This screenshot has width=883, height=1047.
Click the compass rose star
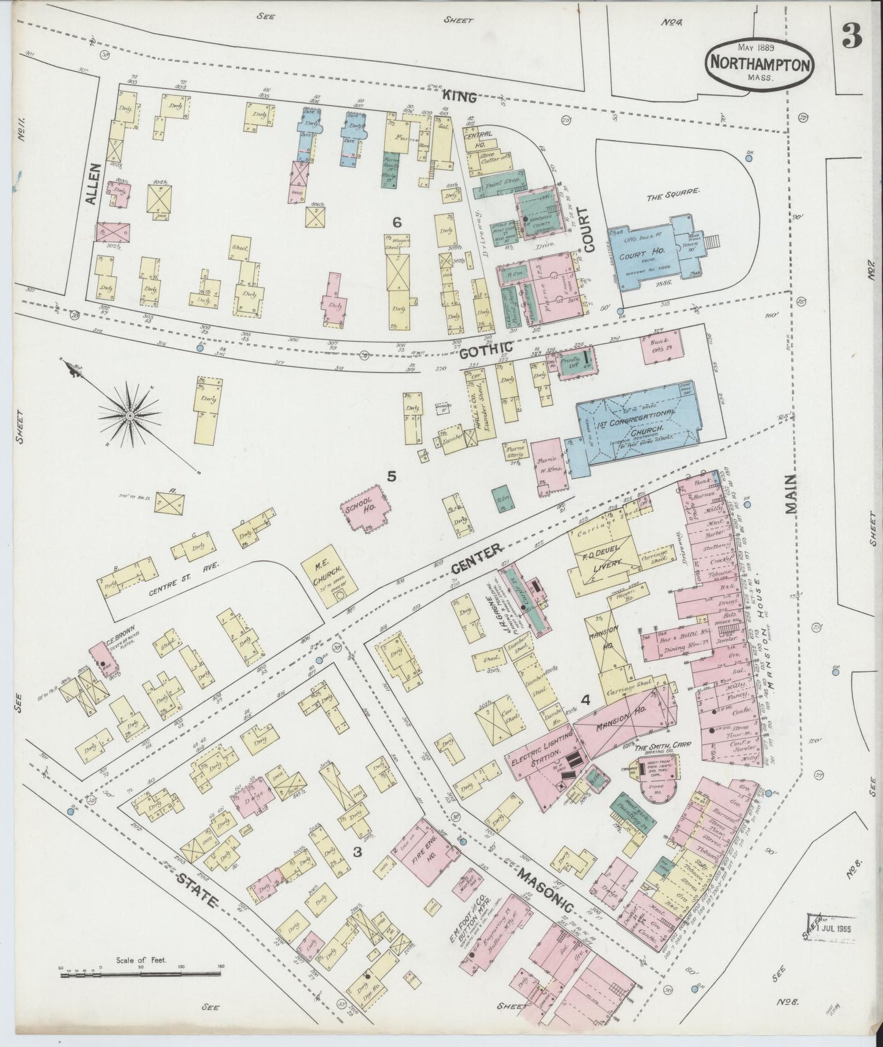click(130, 415)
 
